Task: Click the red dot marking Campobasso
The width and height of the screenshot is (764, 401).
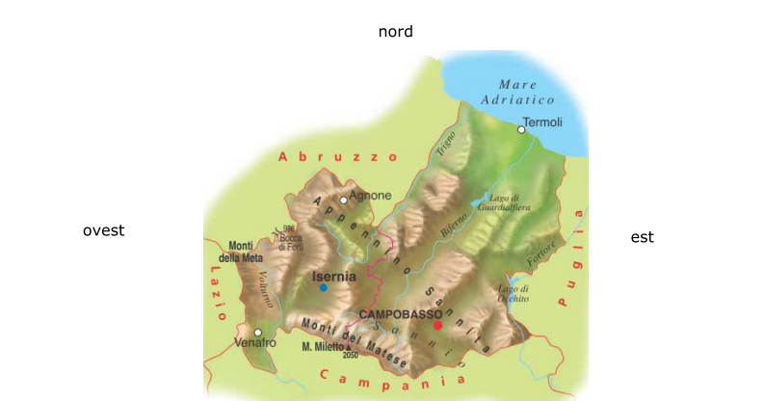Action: click(437, 325)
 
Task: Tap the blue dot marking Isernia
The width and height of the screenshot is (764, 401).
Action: click(324, 287)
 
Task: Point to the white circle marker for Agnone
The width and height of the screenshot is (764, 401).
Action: click(343, 200)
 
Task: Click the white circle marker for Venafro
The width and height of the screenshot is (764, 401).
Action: click(257, 333)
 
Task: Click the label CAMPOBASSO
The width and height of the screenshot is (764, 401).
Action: click(400, 314)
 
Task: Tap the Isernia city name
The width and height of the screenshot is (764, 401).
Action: click(334, 276)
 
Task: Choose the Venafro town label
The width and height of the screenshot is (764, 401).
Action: click(254, 343)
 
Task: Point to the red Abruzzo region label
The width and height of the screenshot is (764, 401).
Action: click(337, 156)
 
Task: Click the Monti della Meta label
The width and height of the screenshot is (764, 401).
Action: click(240, 252)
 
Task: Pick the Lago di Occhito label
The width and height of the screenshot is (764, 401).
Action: click(514, 294)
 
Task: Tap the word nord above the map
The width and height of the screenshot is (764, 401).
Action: click(395, 32)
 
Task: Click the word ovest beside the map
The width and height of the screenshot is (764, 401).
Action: click(103, 230)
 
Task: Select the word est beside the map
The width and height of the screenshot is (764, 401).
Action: click(642, 237)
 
